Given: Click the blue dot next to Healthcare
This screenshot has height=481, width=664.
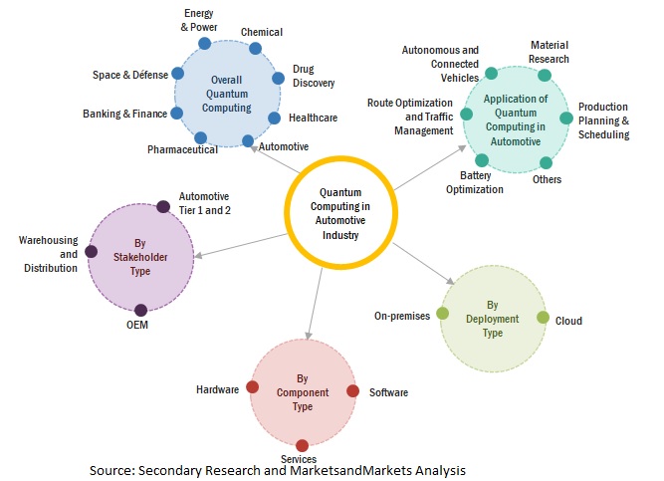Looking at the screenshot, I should click(274, 118).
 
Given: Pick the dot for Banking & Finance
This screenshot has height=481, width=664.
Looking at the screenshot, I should click(177, 114).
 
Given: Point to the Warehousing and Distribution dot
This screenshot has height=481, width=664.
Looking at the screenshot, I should click(92, 252).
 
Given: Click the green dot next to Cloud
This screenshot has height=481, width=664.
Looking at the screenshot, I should click(543, 318).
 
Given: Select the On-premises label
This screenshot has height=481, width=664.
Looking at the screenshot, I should click(401, 316).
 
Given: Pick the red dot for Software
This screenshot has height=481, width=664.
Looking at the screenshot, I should click(350, 391).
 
